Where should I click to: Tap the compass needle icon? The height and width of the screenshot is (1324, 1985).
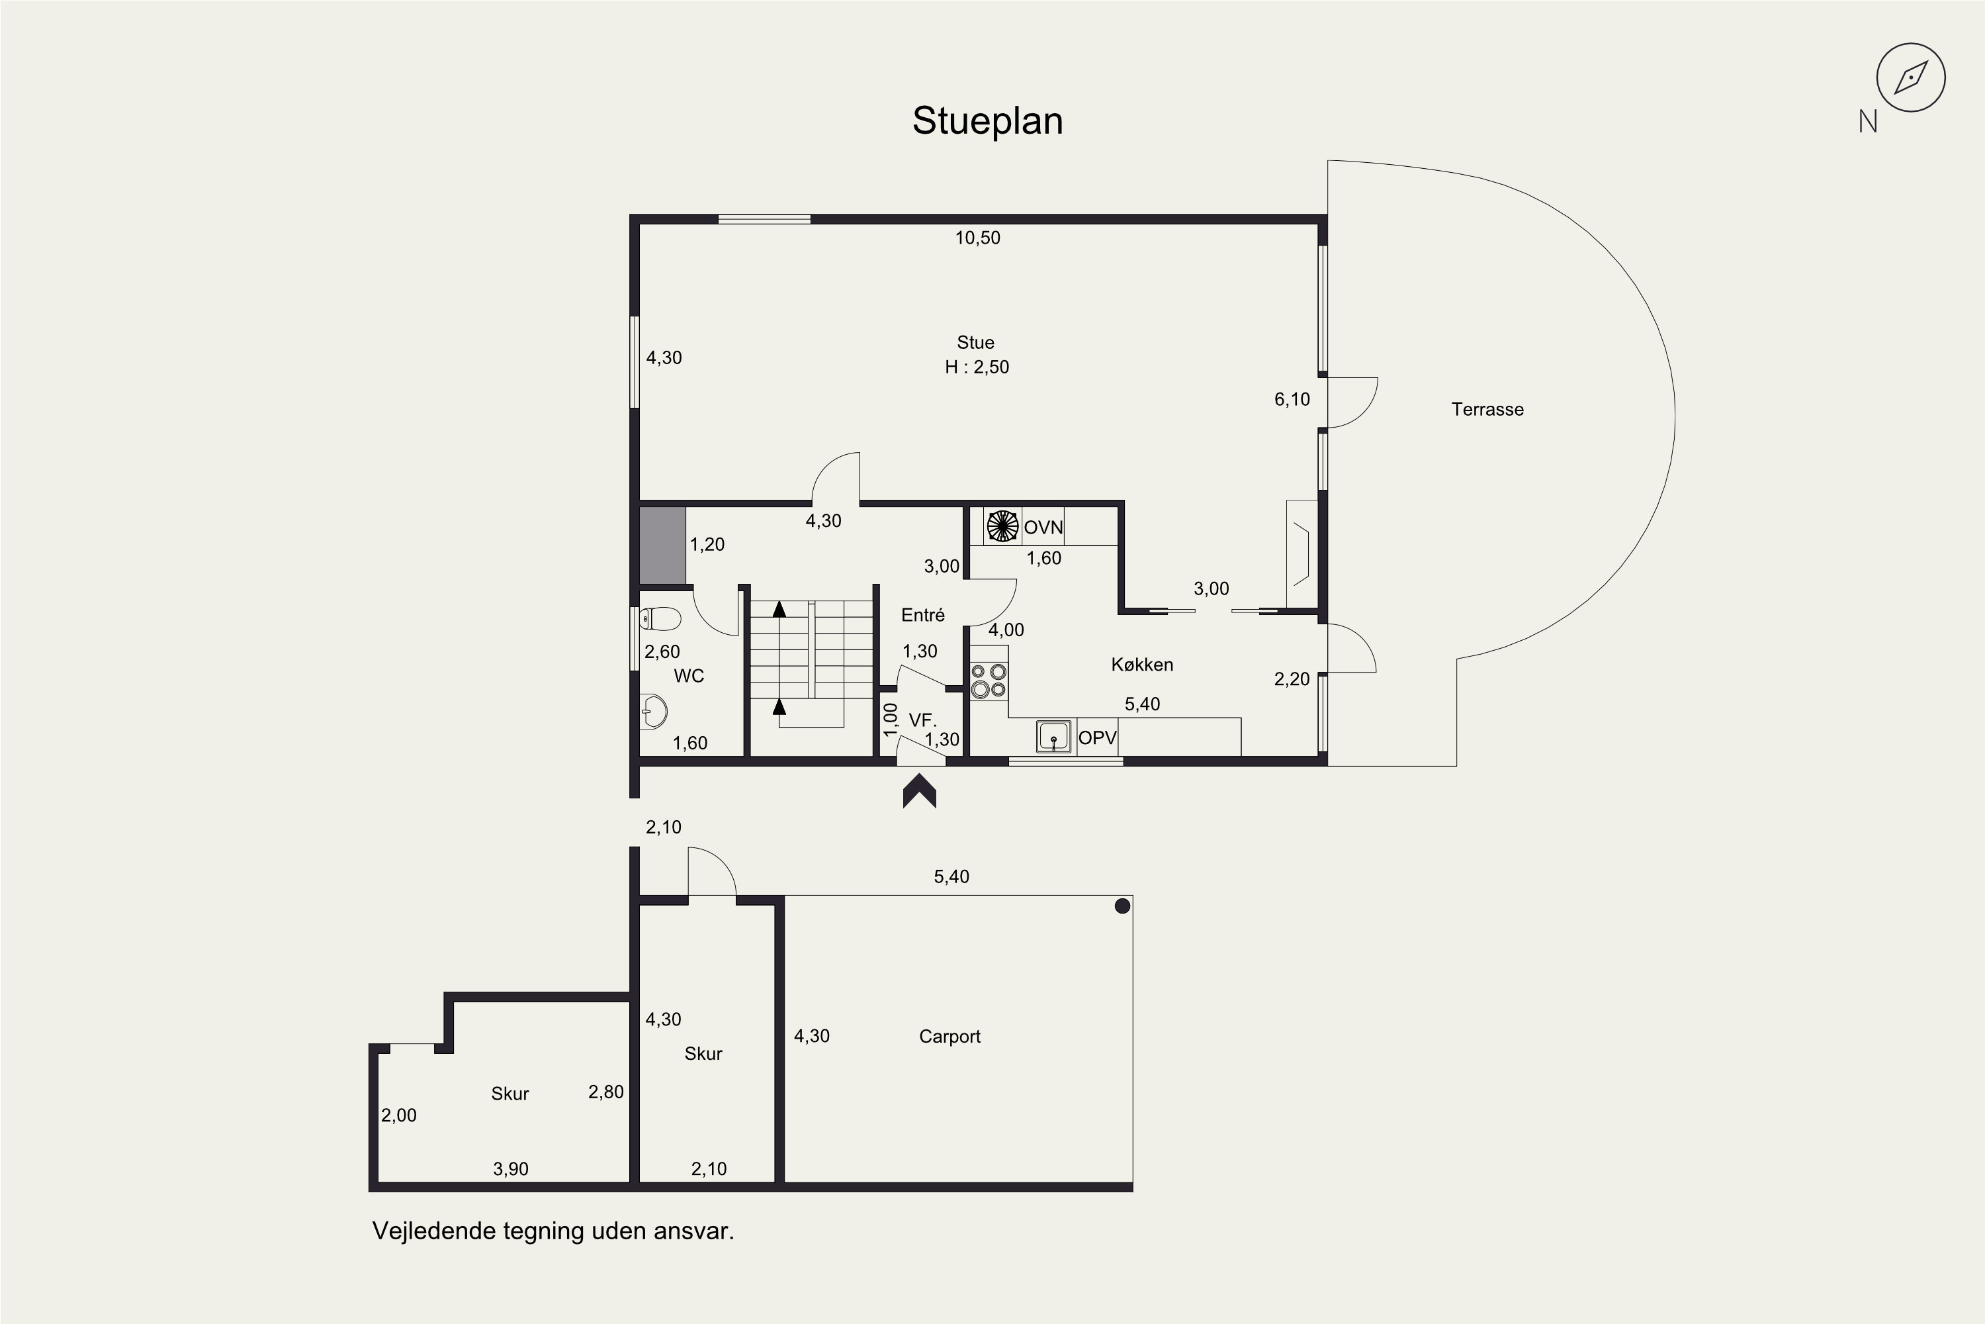point(1911,77)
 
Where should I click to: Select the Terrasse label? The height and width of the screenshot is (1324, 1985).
point(1487,410)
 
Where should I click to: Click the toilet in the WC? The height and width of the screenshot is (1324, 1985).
point(660,619)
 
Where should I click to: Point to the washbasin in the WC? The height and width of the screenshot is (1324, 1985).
point(653,712)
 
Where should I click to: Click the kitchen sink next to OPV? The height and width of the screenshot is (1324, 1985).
point(1054,736)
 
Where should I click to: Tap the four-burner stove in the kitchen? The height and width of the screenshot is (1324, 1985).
point(989,681)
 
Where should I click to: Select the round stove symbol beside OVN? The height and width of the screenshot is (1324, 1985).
point(1002,526)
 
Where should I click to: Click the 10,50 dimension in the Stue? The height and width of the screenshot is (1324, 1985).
point(977,238)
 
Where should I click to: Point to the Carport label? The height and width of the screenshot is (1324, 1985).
point(949,1037)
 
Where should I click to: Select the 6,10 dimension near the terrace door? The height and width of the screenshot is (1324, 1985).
point(1292,399)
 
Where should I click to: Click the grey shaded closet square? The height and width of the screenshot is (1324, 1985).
point(662,545)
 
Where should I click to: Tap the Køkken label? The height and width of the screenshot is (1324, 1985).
point(1142,665)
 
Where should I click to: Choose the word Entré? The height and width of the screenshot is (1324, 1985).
point(922,616)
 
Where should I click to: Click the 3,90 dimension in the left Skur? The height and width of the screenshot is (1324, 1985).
point(511,1170)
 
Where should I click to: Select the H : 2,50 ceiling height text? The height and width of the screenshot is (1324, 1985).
point(977,367)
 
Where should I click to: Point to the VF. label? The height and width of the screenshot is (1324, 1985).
point(922,720)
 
